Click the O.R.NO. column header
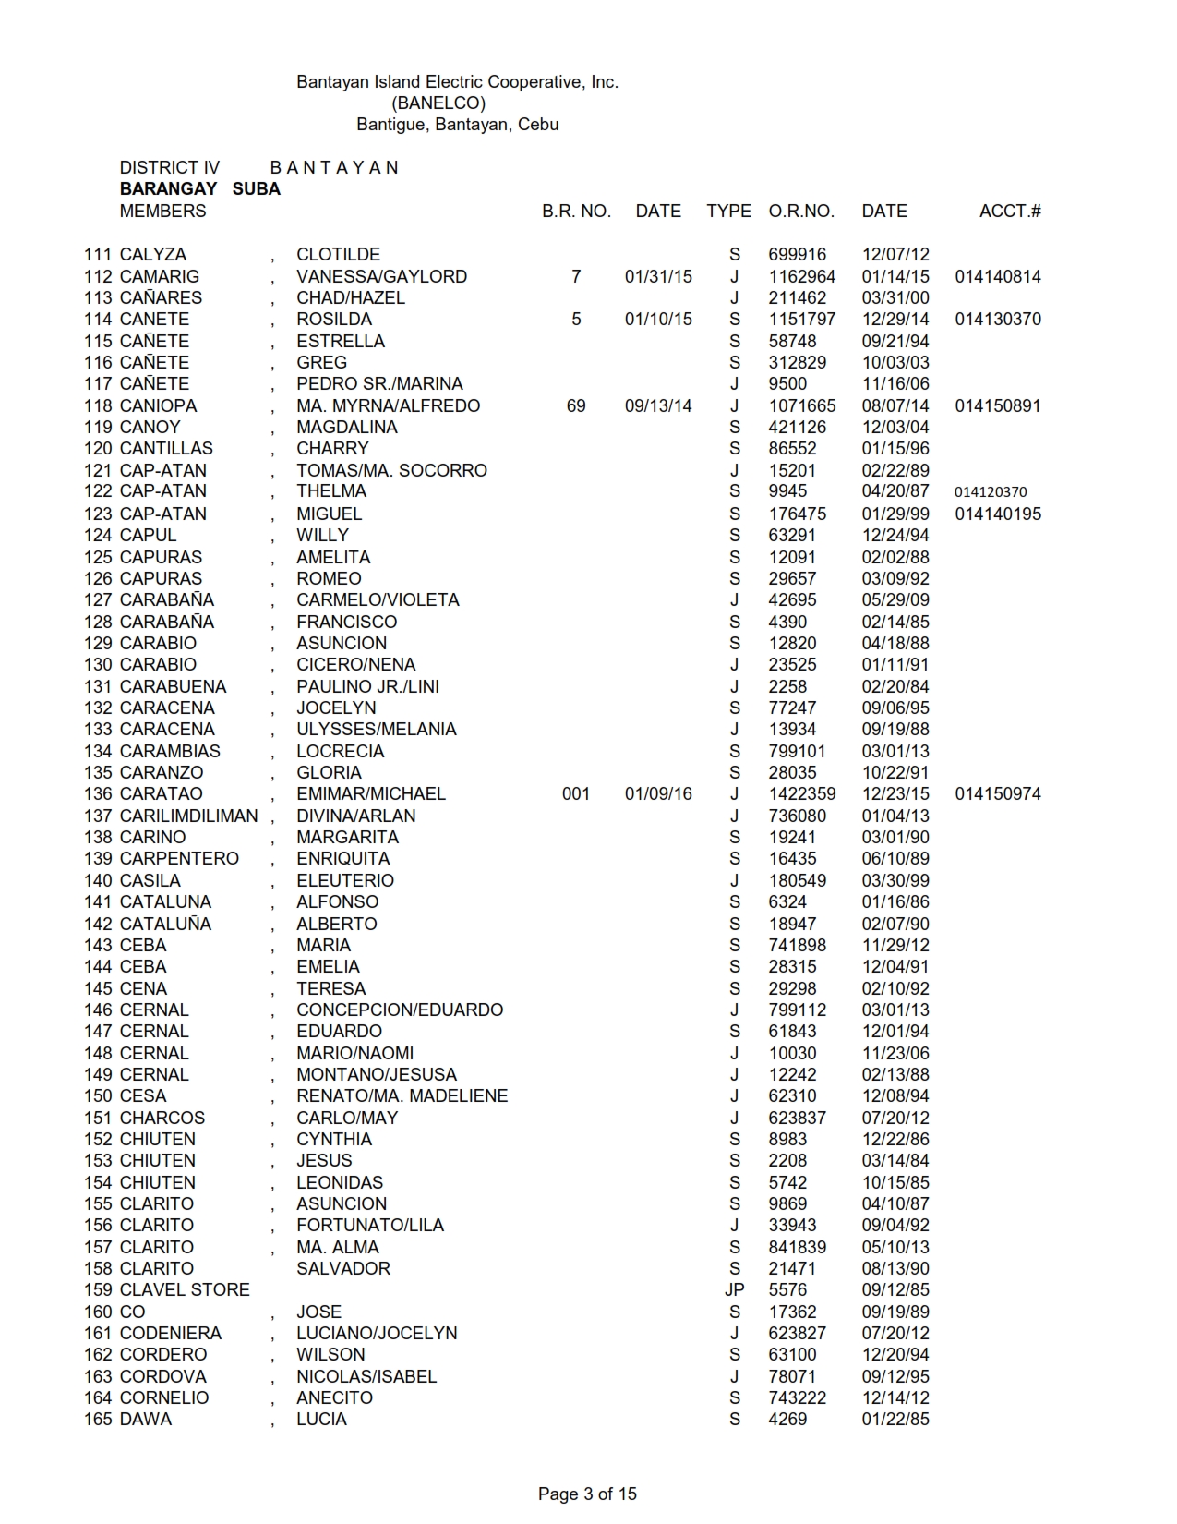pos(800,212)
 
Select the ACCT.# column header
pos(1009,212)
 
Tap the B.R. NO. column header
pos(576,212)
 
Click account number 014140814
pos(997,276)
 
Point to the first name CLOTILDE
pos(338,255)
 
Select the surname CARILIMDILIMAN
pos(189,816)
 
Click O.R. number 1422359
pos(801,794)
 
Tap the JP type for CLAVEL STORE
pos(734,1290)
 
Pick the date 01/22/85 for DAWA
pos(895,1420)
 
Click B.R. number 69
pos(576,405)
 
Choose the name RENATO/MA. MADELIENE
pos(402,1096)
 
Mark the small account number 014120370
pos(990,492)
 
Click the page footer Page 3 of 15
pos(587,1494)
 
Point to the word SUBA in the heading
pos(256,189)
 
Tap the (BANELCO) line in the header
pos(438,103)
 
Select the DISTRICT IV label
pos(170,168)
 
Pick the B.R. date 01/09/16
pos(657,794)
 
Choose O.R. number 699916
pos(797,255)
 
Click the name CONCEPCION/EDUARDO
pos(400,1010)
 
